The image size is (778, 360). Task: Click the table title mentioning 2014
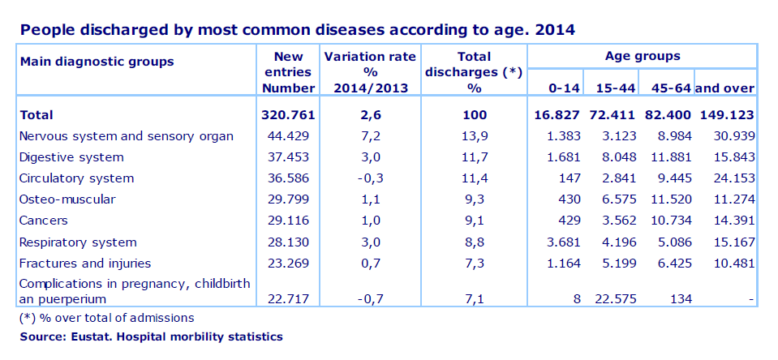[x=298, y=31]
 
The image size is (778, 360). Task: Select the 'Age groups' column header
[x=643, y=57]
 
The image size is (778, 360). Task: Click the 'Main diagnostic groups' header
[x=97, y=61]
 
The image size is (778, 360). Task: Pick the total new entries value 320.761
[x=289, y=115]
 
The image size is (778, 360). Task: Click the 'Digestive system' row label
[x=71, y=157]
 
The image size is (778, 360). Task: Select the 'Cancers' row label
[x=43, y=221]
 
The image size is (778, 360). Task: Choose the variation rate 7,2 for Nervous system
[x=370, y=136]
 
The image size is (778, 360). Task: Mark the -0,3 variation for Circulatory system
[x=370, y=178]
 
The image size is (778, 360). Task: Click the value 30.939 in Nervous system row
[x=733, y=136]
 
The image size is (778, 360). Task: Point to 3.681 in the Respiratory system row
[x=563, y=242]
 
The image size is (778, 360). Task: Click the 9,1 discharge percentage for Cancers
[x=475, y=221]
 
